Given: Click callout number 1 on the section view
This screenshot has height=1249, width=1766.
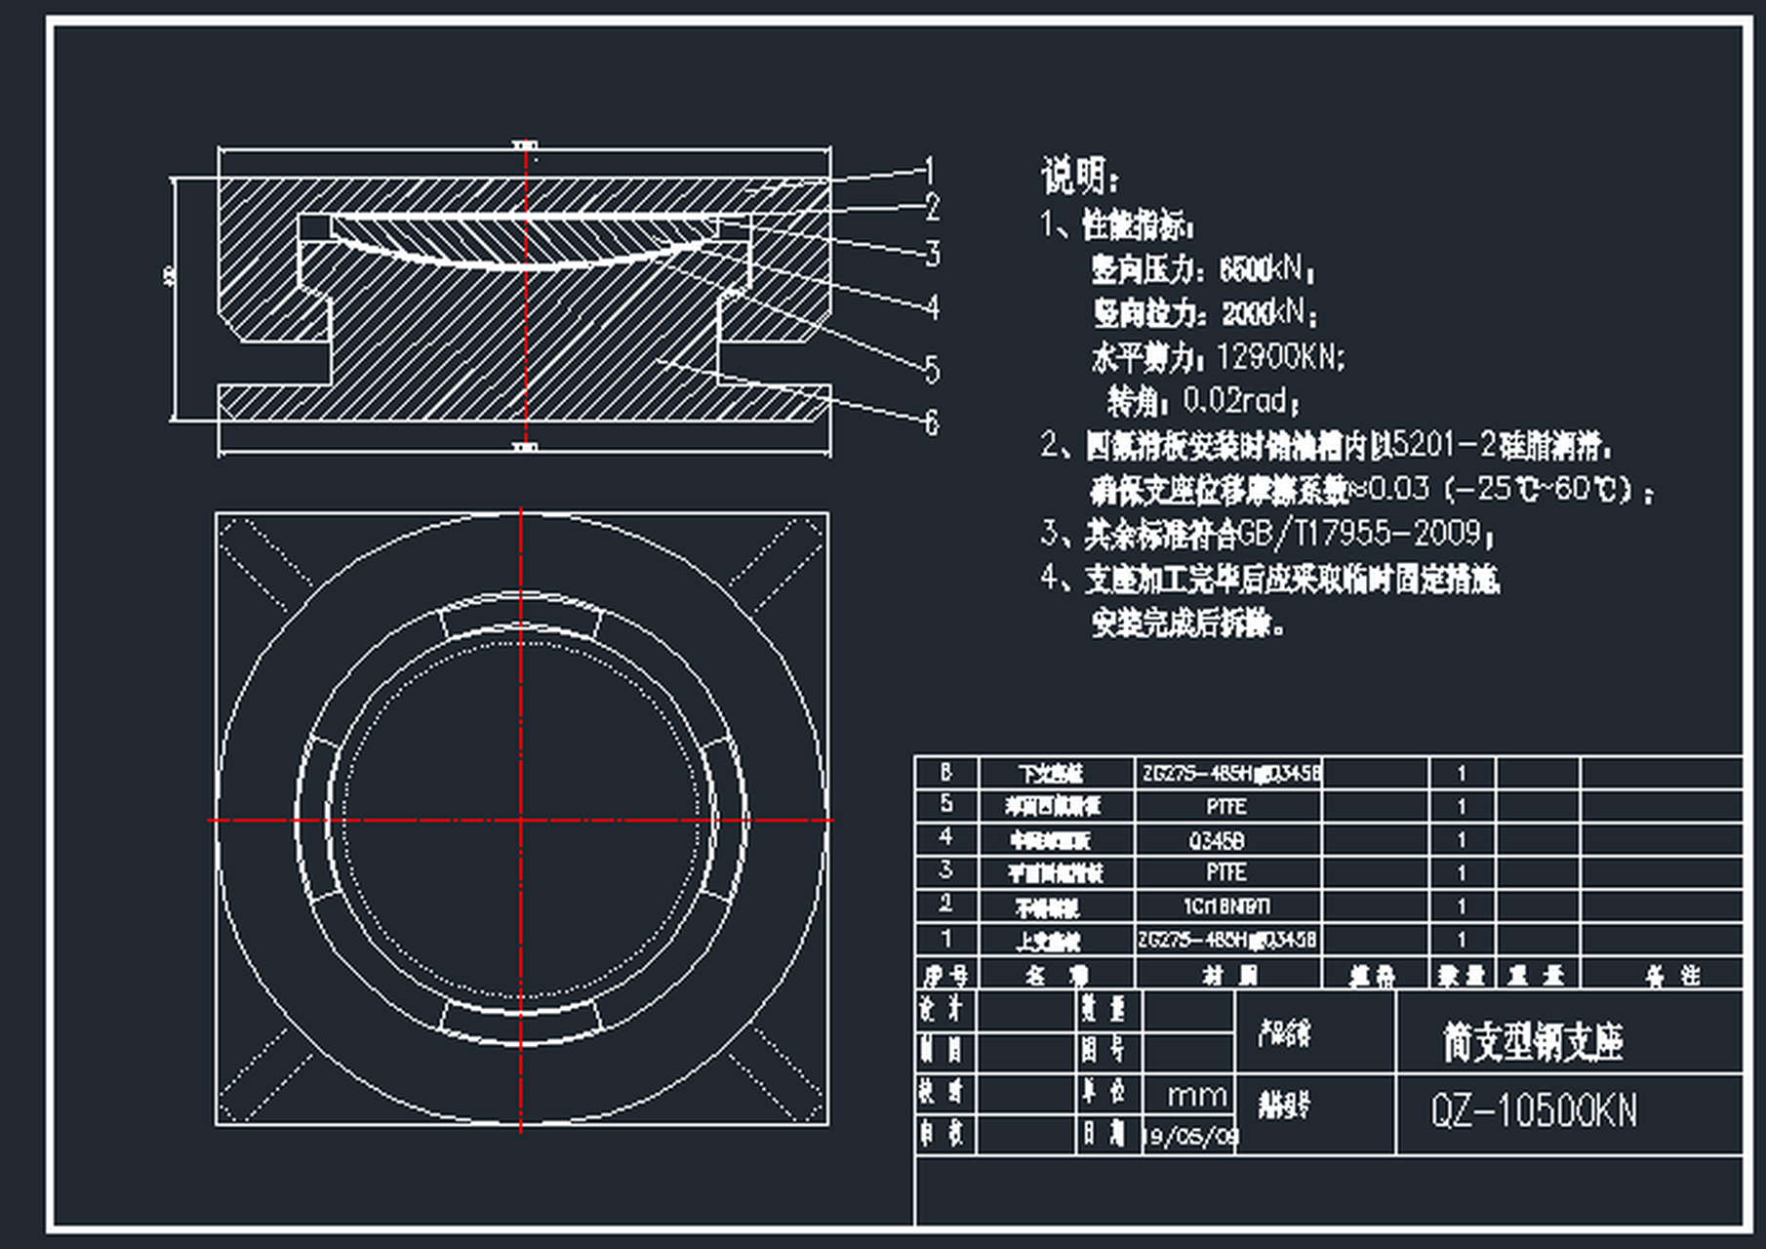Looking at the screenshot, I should (929, 172).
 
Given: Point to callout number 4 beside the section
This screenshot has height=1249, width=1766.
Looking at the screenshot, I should (933, 307).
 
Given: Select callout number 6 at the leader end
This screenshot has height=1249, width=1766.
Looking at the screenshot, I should (931, 423).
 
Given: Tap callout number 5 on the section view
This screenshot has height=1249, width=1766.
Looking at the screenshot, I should (932, 370).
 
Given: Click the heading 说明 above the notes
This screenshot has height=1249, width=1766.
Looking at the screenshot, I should (1079, 177).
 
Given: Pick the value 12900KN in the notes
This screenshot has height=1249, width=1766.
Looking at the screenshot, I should (1279, 357).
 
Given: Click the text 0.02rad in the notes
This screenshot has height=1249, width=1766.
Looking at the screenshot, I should (1238, 400).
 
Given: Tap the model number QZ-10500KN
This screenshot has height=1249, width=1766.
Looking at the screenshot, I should (1534, 1111).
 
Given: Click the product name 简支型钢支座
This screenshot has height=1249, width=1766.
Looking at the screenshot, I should (1532, 1041).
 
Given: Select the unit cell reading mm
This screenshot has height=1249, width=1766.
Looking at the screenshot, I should (1196, 1095).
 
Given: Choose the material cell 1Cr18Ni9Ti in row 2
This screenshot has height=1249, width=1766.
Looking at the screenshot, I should (1226, 907).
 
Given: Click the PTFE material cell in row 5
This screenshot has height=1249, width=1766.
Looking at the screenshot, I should (1225, 807).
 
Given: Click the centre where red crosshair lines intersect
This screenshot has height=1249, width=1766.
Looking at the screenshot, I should (521, 820).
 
